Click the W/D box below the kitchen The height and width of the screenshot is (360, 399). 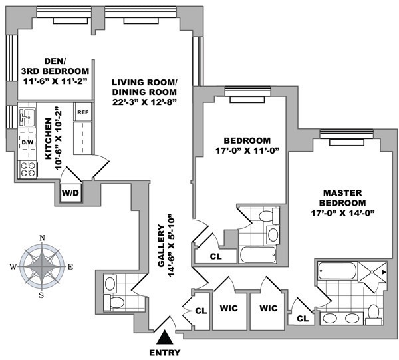pos(70,192)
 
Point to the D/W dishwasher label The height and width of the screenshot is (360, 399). pos(28,142)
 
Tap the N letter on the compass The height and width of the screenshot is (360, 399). pos(43,238)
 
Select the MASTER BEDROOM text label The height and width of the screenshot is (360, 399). pos(343,197)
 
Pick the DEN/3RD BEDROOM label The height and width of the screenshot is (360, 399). pos(46,71)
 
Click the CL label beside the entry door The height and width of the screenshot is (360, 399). pos(201,310)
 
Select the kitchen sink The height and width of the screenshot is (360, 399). pos(27,118)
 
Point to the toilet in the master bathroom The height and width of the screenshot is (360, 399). pos(372,311)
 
